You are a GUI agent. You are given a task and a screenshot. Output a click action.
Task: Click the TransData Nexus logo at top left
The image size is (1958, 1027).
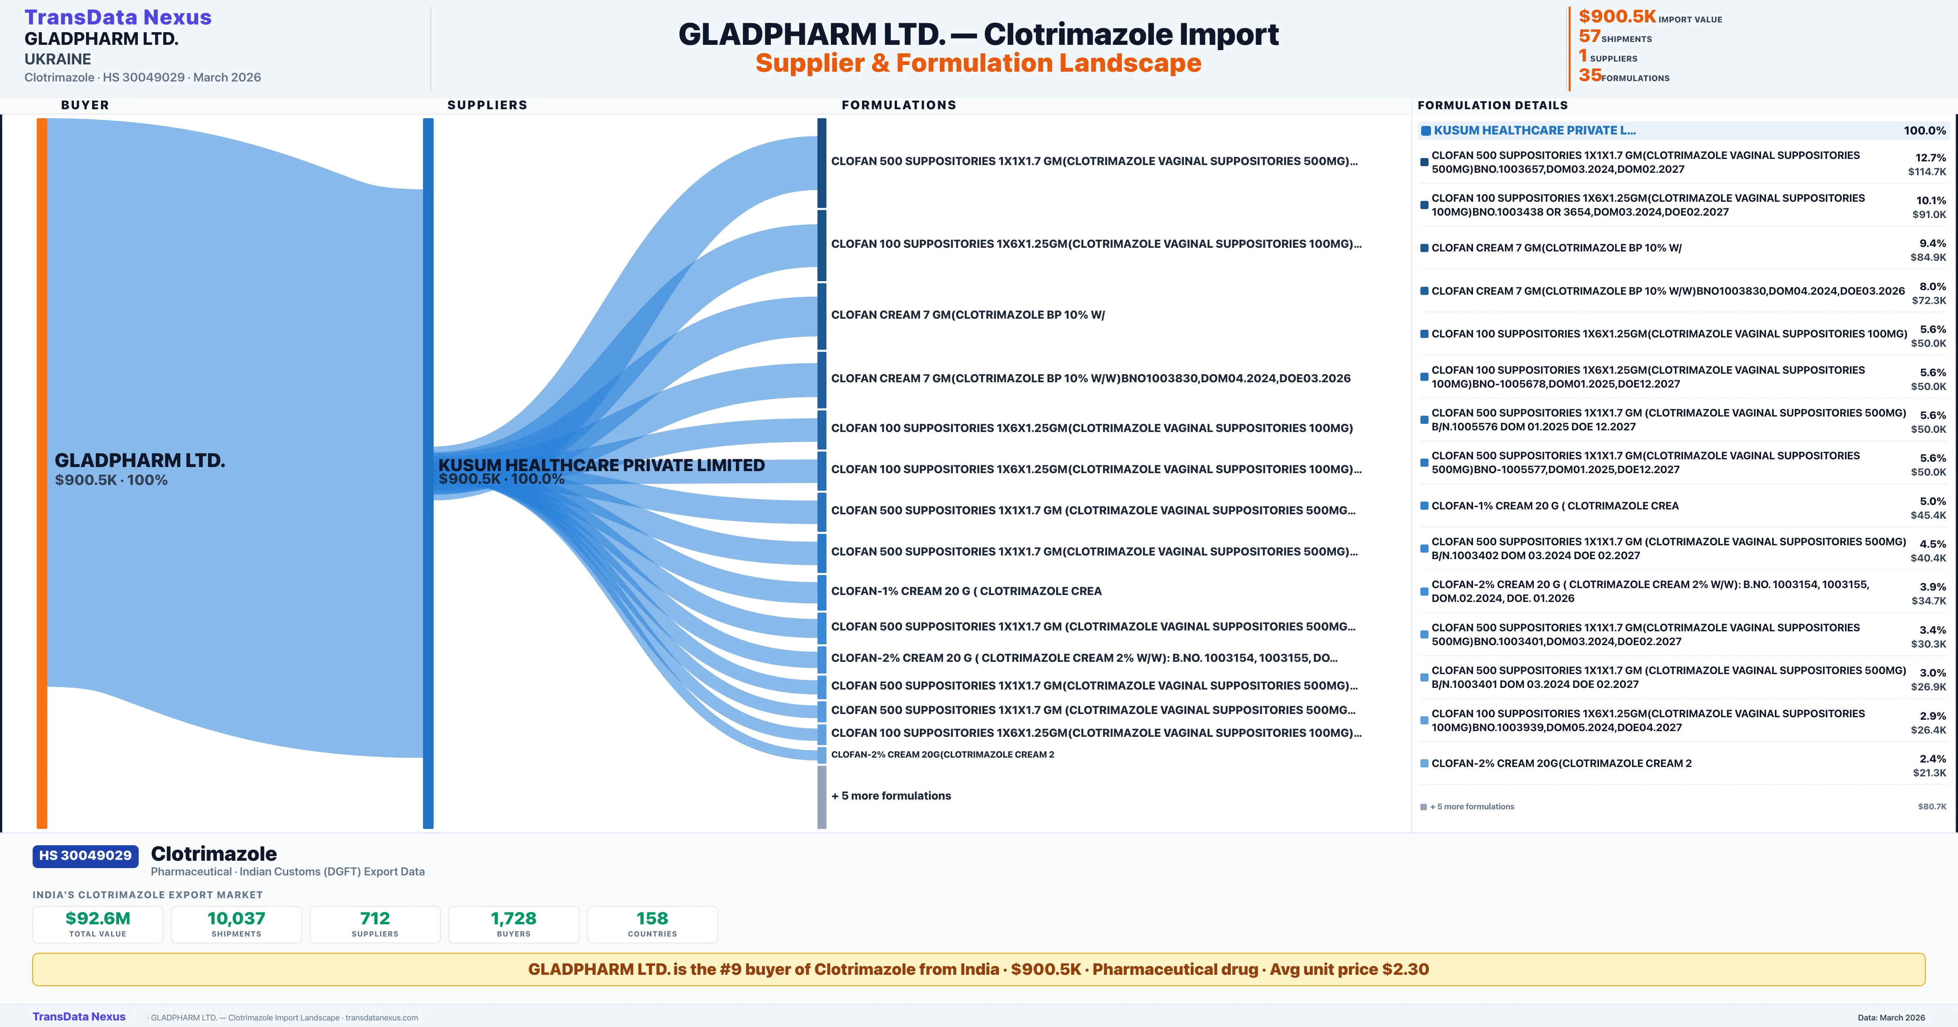pyautogui.click(x=118, y=18)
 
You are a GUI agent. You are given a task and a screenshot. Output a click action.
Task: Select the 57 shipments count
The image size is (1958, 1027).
pyautogui.click(x=1589, y=36)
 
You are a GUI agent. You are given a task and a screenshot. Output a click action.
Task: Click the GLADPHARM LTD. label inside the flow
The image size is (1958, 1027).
pyautogui.click(x=140, y=461)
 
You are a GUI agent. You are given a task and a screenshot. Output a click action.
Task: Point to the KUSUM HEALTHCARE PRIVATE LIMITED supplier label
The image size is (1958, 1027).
pyautogui.click(x=601, y=465)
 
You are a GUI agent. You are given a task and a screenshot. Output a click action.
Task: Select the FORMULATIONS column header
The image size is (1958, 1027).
pyautogui.click(x=898, y=105)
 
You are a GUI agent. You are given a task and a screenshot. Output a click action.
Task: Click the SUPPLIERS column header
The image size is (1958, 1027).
pyautogui.click(x=487, y=105)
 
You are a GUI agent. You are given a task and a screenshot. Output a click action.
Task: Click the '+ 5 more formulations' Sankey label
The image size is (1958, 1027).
pyautogui.click(x=891, y=796)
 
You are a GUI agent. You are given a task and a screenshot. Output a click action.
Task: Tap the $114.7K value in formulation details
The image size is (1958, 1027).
pyautogui.click(x=1927, y=172)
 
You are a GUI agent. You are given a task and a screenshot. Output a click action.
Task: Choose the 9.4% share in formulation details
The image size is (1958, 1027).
pyautogui.click(x=1932, y=243)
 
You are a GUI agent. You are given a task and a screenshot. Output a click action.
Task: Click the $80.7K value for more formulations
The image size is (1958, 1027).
pyautogui.click(x=1931, y=807)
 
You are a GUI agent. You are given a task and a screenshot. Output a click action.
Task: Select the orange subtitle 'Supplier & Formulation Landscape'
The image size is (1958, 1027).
pyautogui.click(x=978, y=63)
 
